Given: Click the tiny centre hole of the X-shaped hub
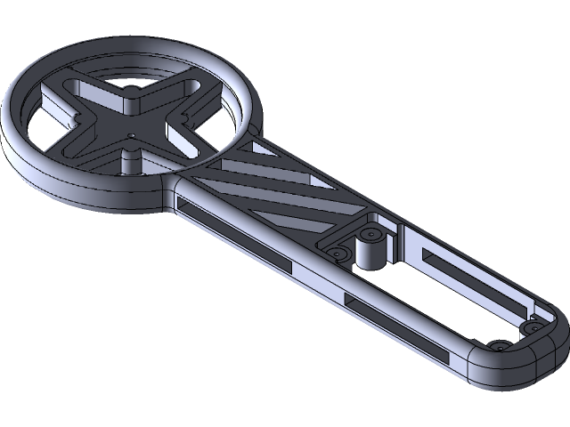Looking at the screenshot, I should click(x=130, y=136).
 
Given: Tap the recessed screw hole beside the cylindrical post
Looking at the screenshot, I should click(x=338, y=254).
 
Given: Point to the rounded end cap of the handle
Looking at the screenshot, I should click(x=508, y=365).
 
